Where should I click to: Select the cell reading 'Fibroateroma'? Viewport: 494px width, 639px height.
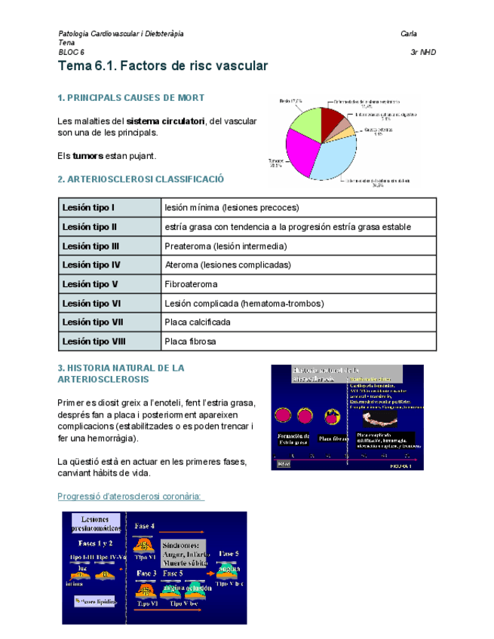pyautogui.click(x=191, y=284)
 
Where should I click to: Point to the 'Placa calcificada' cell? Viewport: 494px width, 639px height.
pyautogui.click(x=198, y=322)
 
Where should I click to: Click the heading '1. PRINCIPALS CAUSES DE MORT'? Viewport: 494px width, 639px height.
pyautogui.click(x=131, y=98)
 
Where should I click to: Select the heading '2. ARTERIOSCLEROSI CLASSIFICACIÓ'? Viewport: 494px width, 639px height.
pyautogui.click(x=141, y=179)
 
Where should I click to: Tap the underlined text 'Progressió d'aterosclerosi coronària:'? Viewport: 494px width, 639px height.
pyautogui.click(x=131, y=496)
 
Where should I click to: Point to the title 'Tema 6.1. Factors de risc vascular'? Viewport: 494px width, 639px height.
pyautogui.click(x=163, y=66)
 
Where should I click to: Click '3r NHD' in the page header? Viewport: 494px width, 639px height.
pyautogui.click(x=422, y=53)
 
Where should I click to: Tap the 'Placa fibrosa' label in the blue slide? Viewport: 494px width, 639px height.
pyautogui.click(x=332, y=438)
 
